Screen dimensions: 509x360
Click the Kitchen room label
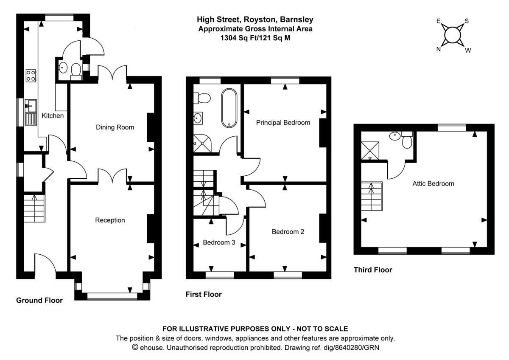click(53, 115)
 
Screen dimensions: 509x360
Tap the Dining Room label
click(115, 127)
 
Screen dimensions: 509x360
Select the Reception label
click(110, 220)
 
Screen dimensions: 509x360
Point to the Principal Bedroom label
click(283, 123)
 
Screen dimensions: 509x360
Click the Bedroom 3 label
click(219, 242)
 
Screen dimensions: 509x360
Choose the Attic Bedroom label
click(433, 183)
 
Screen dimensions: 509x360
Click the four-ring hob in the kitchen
click(31, 76)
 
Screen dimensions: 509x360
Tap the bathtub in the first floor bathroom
click(229, 108)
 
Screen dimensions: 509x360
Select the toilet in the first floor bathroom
click(202, 98)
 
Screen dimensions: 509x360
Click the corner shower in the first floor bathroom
click(202, 143)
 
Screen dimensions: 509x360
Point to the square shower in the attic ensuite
click(370, 151)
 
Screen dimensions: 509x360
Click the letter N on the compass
click(439, 49)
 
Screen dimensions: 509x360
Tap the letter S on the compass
click(467, 21)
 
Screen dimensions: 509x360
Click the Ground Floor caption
click(39, 300)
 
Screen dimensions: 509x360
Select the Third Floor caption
click(373, 270)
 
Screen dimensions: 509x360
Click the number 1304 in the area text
click(228, 38)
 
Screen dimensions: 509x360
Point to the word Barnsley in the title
click(296, 20)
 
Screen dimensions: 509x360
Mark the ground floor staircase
click(34, 208)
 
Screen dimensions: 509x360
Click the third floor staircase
click(372, 196)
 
